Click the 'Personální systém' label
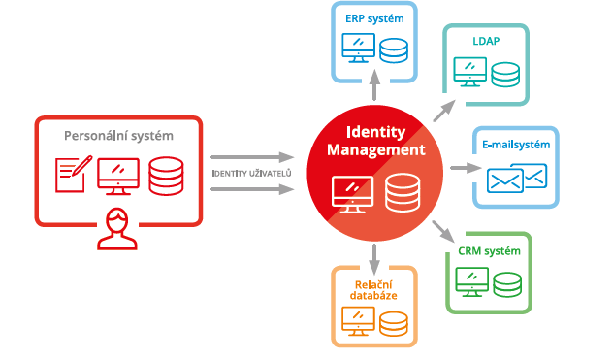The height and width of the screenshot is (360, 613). click(x=117, y=135)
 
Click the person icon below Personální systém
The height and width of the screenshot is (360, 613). click(x=117, y=227)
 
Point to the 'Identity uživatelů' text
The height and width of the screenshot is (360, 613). click(x=251, y=173)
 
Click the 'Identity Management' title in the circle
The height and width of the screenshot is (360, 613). click(x=374, y=142)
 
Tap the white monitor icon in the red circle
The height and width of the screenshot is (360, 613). click(x=351, y=192)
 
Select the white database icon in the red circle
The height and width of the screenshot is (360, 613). click(x=400, y=192)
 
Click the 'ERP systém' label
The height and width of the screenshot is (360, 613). click(x=374, y=18)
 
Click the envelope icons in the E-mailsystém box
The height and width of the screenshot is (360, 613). click(x=517, y=178)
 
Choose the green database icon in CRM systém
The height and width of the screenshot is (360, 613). click(x=506, y=282)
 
